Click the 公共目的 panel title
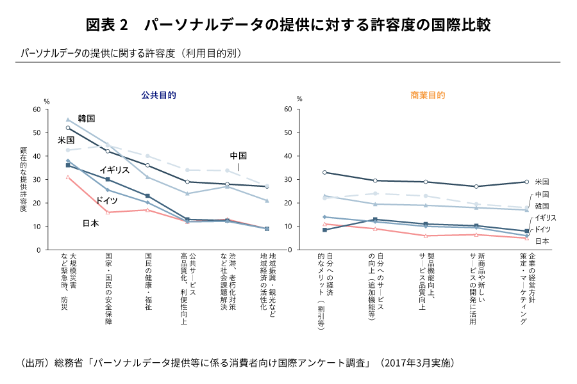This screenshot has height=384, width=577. pyautogui.click(x=159, y=95)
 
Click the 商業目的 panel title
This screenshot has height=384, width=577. pyautogui.click(x=428, y=95)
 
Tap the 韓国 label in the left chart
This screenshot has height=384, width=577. pyautogui.click(x=87, y=118)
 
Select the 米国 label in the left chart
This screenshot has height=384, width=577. pyautogui.click(x=66, y=140)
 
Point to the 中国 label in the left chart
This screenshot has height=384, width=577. pyautogui.click(x=238, y=156)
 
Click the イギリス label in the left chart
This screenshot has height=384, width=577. pyautogui.click(x=115, y=170)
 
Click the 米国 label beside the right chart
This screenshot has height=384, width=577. pyautogui.click(x=542, y=182)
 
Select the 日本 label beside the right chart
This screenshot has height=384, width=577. pyautogui.click(x=542, y=241)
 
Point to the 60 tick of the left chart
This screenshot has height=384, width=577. pyautogui.click(x=36, y=109)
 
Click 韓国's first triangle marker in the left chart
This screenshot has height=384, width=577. pyautogui.click(x=68, y=120)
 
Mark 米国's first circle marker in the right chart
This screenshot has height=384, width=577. pyautogui.click(x=325, y=172)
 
